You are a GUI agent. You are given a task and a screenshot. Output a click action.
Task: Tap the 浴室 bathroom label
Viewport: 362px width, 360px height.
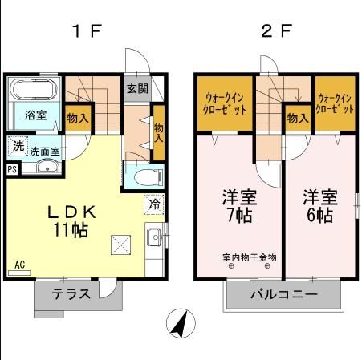[x=35, y=115]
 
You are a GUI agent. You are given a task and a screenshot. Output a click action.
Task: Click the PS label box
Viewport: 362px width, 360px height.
[x=11, y=169]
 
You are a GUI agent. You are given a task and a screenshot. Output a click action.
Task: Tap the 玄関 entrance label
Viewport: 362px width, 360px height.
[x=136, y=88]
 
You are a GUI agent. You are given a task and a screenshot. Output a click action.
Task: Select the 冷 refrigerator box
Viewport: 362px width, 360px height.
[x=153, y=204]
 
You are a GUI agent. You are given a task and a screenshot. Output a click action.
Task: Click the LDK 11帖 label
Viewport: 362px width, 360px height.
[x=71, y=221]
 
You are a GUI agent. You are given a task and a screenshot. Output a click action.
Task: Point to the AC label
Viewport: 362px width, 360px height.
[x=18, y=264]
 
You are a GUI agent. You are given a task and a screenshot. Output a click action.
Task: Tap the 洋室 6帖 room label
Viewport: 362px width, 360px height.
[x=318, y=204]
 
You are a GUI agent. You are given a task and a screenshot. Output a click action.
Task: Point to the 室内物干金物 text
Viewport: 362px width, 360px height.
[x=249, y=257]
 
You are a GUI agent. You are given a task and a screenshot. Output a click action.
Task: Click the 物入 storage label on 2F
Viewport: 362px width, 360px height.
[x=298, y=119]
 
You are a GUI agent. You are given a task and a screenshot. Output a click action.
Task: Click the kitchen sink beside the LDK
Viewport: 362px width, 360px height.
[x=153, y=237]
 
